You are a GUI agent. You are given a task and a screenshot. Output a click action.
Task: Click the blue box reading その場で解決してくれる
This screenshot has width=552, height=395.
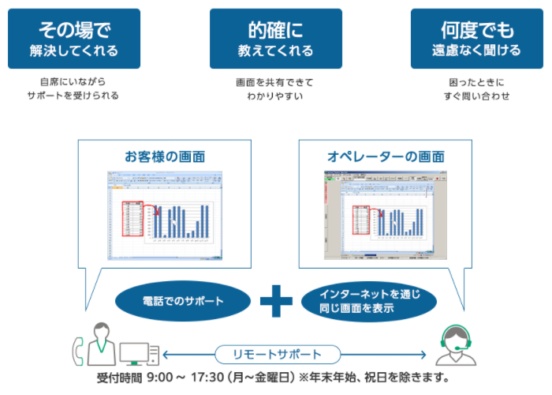point(73,39)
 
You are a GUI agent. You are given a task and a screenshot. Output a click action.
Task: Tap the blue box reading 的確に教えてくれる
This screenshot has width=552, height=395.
point(275,39)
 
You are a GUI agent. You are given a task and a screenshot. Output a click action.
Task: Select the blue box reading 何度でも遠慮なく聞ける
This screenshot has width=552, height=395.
point(476,39)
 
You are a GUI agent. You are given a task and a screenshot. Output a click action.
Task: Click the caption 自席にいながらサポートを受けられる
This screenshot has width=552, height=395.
point(73,88)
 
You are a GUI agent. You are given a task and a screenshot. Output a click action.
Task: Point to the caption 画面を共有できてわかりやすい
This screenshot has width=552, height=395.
point(275,88)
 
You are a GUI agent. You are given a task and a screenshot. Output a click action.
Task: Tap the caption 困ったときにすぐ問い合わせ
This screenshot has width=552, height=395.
point(476,88)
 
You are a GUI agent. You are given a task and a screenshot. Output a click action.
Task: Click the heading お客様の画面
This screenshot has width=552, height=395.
point(164,156)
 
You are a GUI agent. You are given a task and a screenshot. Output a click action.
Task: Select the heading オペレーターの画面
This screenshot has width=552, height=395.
point(385,156)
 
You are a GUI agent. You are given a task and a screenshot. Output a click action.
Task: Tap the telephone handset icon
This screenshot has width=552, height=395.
point(78,348)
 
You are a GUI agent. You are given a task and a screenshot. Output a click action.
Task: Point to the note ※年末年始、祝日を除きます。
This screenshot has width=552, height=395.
point(373,377)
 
